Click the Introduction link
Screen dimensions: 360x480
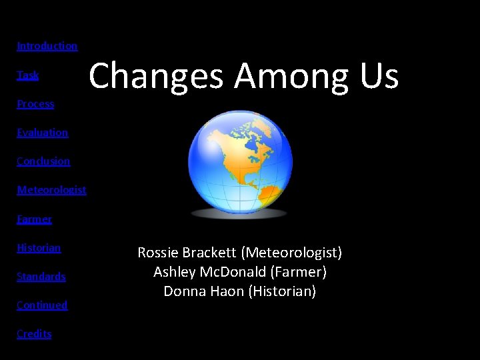[47, 46]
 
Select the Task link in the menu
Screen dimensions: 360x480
[28, 75]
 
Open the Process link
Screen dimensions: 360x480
[35, 104]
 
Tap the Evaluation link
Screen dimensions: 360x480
[42, 133]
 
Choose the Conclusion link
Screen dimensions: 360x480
[43, 161]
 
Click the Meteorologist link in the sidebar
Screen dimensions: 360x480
[51, 190]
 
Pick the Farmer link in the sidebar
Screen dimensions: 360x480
[34, 219]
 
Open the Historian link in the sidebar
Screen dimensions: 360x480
[39, 248]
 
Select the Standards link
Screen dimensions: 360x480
[41, 277]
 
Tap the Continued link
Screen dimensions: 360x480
[42, 305]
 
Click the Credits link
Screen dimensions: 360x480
[34, 334]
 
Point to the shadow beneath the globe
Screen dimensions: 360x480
[239, 214]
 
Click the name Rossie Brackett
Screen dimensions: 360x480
[187, 253]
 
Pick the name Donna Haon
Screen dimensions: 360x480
[203, 291]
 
